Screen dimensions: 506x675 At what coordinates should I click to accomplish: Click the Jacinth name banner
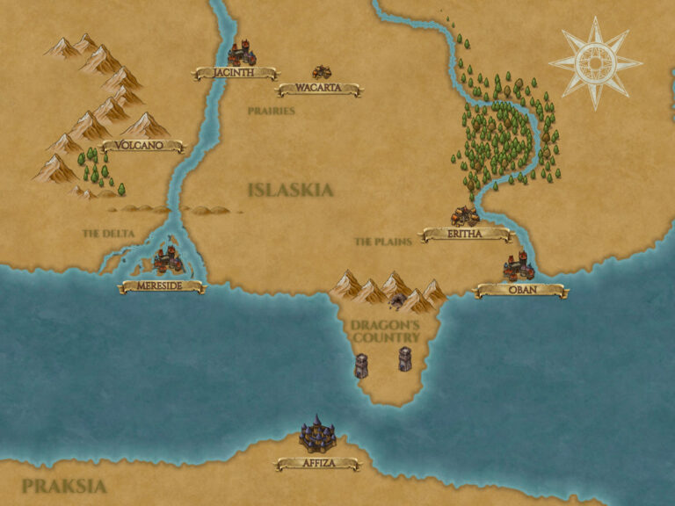(x=234, y=74)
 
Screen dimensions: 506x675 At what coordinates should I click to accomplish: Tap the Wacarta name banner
(x=318, y=89)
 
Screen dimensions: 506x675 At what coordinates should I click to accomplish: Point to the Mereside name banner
(x=162, y=286)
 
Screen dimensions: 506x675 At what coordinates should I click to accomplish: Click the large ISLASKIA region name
(x=290, y=190)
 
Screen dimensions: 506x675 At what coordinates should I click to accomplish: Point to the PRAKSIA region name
(x=64, y=486)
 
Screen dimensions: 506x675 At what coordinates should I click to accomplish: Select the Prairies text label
(x=271, y=112)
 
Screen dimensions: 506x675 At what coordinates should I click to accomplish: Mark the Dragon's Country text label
(x=385, y=331)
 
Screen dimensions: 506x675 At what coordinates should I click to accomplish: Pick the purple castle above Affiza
(x=317, y=433)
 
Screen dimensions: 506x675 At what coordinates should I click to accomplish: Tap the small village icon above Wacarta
(x=322, y=72)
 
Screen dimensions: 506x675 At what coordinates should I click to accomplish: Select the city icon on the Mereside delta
(x=167, y=260)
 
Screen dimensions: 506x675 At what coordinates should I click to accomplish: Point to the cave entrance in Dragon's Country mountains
(x=398, y=302)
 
